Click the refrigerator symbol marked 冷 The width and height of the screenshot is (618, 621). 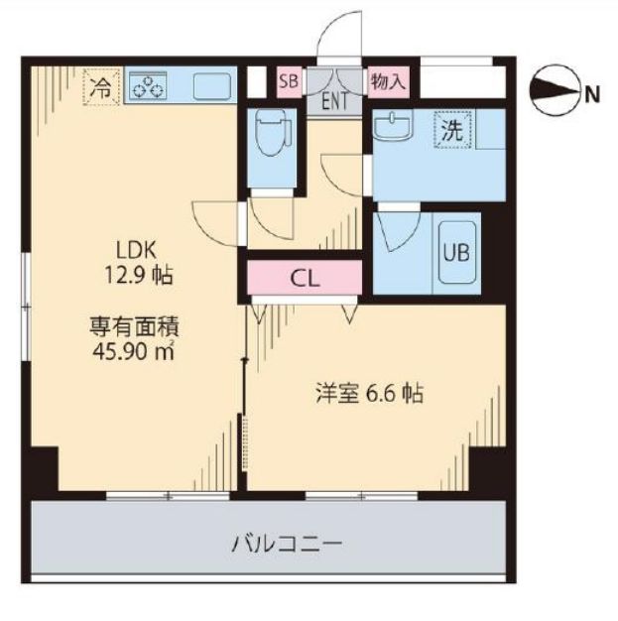click(x=100, y=85)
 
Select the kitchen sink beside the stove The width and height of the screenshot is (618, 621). click(x=210, y=85)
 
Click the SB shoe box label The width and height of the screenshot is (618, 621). click(x=289, y=80)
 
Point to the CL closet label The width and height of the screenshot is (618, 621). click(x=305, y=279)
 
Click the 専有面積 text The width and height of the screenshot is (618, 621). click(x=132, y=324)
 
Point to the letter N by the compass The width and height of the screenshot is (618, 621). click(x=592, y=95)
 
